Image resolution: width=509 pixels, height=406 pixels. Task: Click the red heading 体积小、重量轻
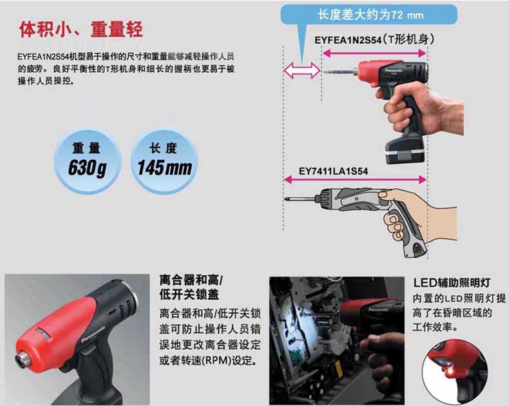coord(81,30)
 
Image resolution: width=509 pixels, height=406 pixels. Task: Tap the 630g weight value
coord(88,168)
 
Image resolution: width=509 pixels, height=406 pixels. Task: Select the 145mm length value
coord(164,168)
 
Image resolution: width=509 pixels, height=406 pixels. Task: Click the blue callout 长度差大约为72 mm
coord(369,15)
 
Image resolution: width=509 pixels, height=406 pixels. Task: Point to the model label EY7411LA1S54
coord(333,171)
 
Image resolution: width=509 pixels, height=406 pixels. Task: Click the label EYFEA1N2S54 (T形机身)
coord(374,40)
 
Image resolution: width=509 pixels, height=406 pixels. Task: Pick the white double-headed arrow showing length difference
coord(302,70)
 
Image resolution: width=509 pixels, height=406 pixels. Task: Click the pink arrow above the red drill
coord(374,53)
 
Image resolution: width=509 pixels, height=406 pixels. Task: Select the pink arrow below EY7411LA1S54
coord(355,180)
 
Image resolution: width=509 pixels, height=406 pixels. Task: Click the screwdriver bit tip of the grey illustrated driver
coord(285,198)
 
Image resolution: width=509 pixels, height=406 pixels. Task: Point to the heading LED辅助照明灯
coord(452,282)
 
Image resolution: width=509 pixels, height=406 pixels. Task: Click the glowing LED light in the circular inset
coord(444,363)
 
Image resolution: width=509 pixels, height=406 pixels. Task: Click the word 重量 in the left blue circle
coord(86,148)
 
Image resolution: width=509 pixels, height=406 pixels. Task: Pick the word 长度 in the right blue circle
coord(163,148)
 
